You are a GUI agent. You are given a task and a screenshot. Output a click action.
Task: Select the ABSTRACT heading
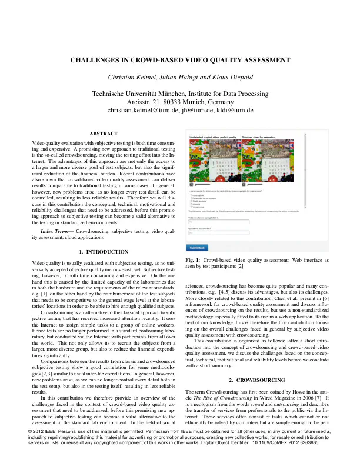coord(103,134)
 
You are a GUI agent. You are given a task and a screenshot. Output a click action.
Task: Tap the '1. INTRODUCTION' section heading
coord(103,268)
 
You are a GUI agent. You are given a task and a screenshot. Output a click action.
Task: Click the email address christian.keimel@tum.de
coord(139,111)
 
